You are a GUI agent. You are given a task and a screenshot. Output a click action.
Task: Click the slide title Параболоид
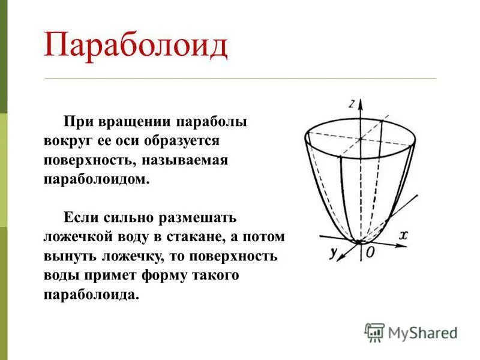tap(136, 46)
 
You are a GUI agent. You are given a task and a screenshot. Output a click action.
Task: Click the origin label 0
tap(370, 253)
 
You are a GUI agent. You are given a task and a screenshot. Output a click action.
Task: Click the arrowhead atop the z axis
tap(360, 104)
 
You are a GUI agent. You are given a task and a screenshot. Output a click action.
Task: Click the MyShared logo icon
tap(374, 332)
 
